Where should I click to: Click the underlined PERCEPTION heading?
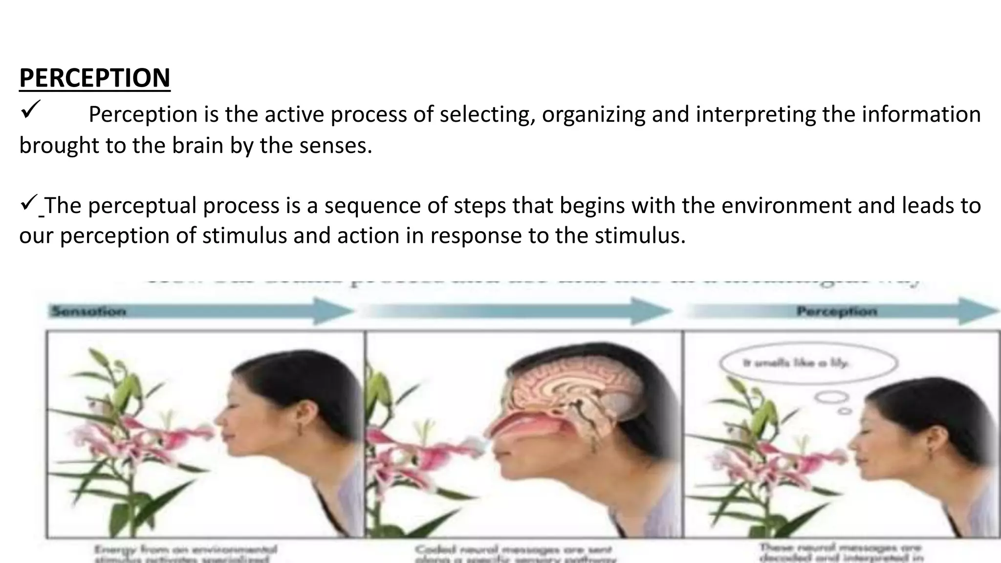(94, 78)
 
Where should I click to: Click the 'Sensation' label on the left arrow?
(88, 311)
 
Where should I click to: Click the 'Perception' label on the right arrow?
(836, 311)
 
